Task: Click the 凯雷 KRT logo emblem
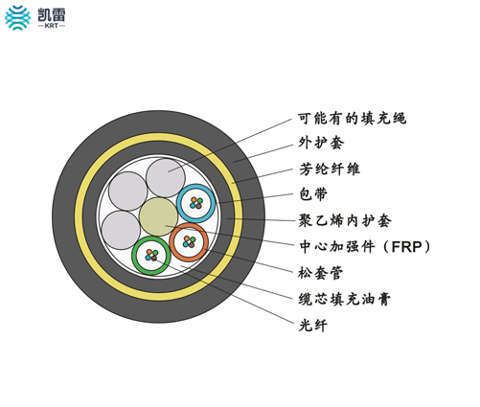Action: pos(17,17)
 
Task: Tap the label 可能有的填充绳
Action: pos(352,118)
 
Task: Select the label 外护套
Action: pos(321,143)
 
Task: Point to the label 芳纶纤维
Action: pos(330,169)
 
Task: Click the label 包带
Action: pos(313,194)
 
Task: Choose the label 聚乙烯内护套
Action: pos(345,220)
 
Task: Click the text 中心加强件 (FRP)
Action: pos(365,246)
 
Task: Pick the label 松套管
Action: pos(321,273)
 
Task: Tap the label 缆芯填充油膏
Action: pos(345,299)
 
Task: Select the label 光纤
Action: pos(313,326)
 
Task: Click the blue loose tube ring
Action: pos(196,187)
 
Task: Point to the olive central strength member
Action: pos(159,216)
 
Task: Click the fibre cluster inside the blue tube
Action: pos(196,203)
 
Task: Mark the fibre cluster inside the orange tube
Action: pos(189,242)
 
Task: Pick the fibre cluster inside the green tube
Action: pos(151,256)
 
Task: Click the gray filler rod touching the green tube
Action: pos(121,230)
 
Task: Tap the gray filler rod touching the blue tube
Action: pos(166,178)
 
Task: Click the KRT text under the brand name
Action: pos(52,26)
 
